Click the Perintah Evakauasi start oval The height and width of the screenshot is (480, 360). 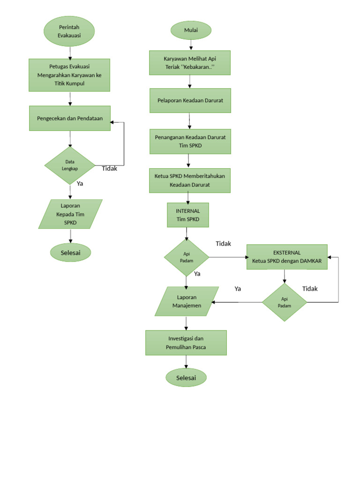pyautogui.click(x=69, y=31)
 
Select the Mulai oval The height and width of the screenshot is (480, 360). pyautogui.click(x=191, y=30)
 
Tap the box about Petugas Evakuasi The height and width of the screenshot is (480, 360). pyautogui.click(x=69, y=75)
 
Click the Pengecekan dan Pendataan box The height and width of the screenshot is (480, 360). pyautogui.click(x=69, y=118)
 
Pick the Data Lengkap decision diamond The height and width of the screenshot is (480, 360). pyautogui.click(x=70, y=165)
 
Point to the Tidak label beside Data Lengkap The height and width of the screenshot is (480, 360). pyautogui.click(x=110, y=169)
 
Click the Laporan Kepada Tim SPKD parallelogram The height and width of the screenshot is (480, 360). pyautogui.click(x=70, y=214)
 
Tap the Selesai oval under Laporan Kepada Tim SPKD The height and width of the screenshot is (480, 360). pyautogui.click(x=70, y=253)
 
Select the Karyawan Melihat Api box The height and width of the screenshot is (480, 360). pyautogui.click(x=190, y=63)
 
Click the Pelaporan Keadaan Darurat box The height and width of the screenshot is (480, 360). pyautogui.click(x=190, y=100)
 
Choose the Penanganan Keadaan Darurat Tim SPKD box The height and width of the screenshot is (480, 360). pyautogui.click(x=190, y=141)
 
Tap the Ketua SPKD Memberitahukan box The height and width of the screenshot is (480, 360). pyautogui.click(x=190, y=180)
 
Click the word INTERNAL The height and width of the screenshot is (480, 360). pyautogui.click(x=187, y=211)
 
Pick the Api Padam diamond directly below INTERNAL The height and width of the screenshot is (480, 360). pyautogui.click(x=187, y=257)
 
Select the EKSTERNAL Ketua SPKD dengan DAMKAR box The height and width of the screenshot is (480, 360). pyautogui.click(x=287, y=257)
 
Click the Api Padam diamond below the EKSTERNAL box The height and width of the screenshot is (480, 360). pyautogui.click(x=284, y=302)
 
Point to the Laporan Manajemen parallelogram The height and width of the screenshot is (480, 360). pyautogui.click(x=187, y=301)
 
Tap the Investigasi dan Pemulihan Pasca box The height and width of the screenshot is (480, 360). pyautogui.click(x=186, y=343)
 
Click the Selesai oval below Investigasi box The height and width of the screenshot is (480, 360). pyautogui.click(x=186, y=378)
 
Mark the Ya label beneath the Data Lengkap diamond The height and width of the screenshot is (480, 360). pyautogui.click(x=80, y=184)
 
